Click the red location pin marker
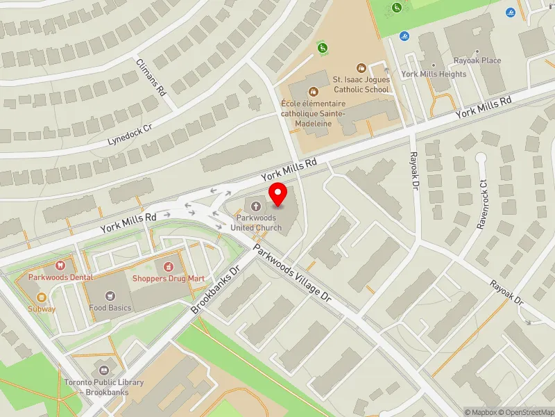pyautogui.click(x=278, y=195)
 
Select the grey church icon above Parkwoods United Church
pyautogui.click(x=257, y=206)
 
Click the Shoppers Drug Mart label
pyautogui.click(x=169, y=278)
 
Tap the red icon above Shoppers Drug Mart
pyautogui.click(x=167, y=266)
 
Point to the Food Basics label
pyautogui.click(x=110, y=307)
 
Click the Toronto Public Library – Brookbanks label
pyautogui.click(x=105, y=386)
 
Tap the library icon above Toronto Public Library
pyautogui.click(x=105, y=370)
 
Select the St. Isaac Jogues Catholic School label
pyautogui.click(x=361, y=84)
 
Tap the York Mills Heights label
pyautogui.click(x=434, y=74)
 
